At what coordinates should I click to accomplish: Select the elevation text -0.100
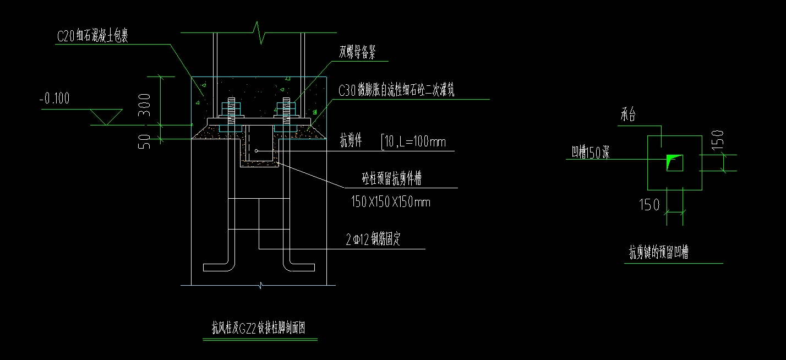tap(54, 99)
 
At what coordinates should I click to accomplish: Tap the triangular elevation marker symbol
tap(106, 116)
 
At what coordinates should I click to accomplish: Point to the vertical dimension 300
tap(144, 106)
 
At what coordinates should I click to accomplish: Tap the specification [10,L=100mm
tap(413, 143)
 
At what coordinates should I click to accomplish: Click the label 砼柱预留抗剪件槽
tap(391, 179)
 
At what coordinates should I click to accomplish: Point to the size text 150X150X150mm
tap(390, 202)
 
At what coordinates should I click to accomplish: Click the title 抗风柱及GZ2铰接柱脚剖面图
tap(259, 328)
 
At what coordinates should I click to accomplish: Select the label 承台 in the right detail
tap(629, 116)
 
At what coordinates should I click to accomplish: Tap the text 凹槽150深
tap(591, 152)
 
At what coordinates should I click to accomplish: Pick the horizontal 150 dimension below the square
tap(649, 206)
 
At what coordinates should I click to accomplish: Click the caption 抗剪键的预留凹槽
tap(659, 253)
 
